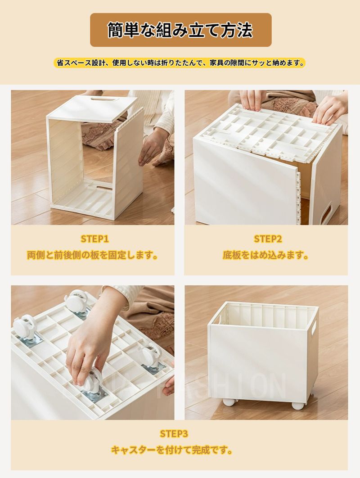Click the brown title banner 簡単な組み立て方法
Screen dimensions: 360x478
click(180, 30)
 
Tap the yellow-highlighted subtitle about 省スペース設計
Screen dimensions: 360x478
click(180, 63)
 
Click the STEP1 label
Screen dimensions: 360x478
click(94, 239)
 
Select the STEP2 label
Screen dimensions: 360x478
click(268, 239)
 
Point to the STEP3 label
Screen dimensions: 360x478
click(174, 433)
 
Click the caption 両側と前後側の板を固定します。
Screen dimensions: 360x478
click(92, 255)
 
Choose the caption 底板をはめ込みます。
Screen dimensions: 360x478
click(265, 255)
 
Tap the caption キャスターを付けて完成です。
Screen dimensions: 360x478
click(171, 450)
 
